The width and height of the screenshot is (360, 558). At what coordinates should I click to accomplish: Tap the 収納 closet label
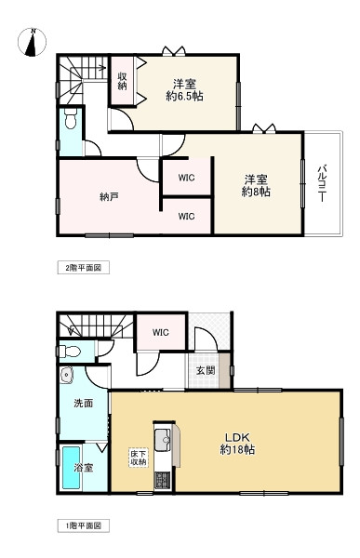click(123, 81)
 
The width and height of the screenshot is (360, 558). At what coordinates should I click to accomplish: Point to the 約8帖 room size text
click(257, 193)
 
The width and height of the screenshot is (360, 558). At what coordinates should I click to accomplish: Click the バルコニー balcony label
click(319, 183)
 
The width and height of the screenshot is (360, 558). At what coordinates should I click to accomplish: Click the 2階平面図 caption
click(88, 267)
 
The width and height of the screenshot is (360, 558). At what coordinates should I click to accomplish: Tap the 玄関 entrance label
click(206, 369)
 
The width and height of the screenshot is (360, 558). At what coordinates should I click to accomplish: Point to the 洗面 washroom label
click(83, 404)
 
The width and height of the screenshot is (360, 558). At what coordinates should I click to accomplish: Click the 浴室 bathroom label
click(83, 467)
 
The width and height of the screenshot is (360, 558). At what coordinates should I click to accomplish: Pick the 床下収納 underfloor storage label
click(139, 457)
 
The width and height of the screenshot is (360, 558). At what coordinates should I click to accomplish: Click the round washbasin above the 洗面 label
click(66, 376)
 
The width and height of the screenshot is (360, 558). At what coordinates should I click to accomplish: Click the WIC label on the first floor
click(159, 332)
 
